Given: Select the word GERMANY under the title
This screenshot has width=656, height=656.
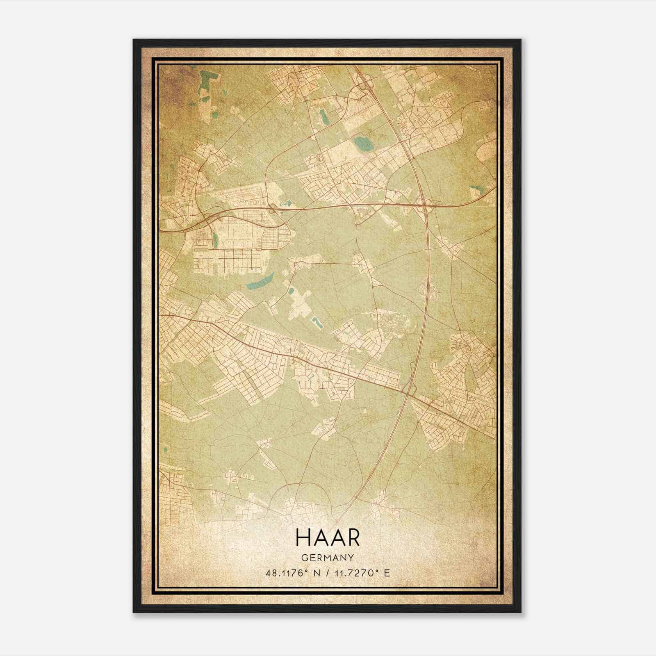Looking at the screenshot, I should click(x=327, y=558).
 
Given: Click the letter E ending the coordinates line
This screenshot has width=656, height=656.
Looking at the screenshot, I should click(x=387, y=573).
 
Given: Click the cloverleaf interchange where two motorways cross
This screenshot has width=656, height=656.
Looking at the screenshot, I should click(x=424, y=204).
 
